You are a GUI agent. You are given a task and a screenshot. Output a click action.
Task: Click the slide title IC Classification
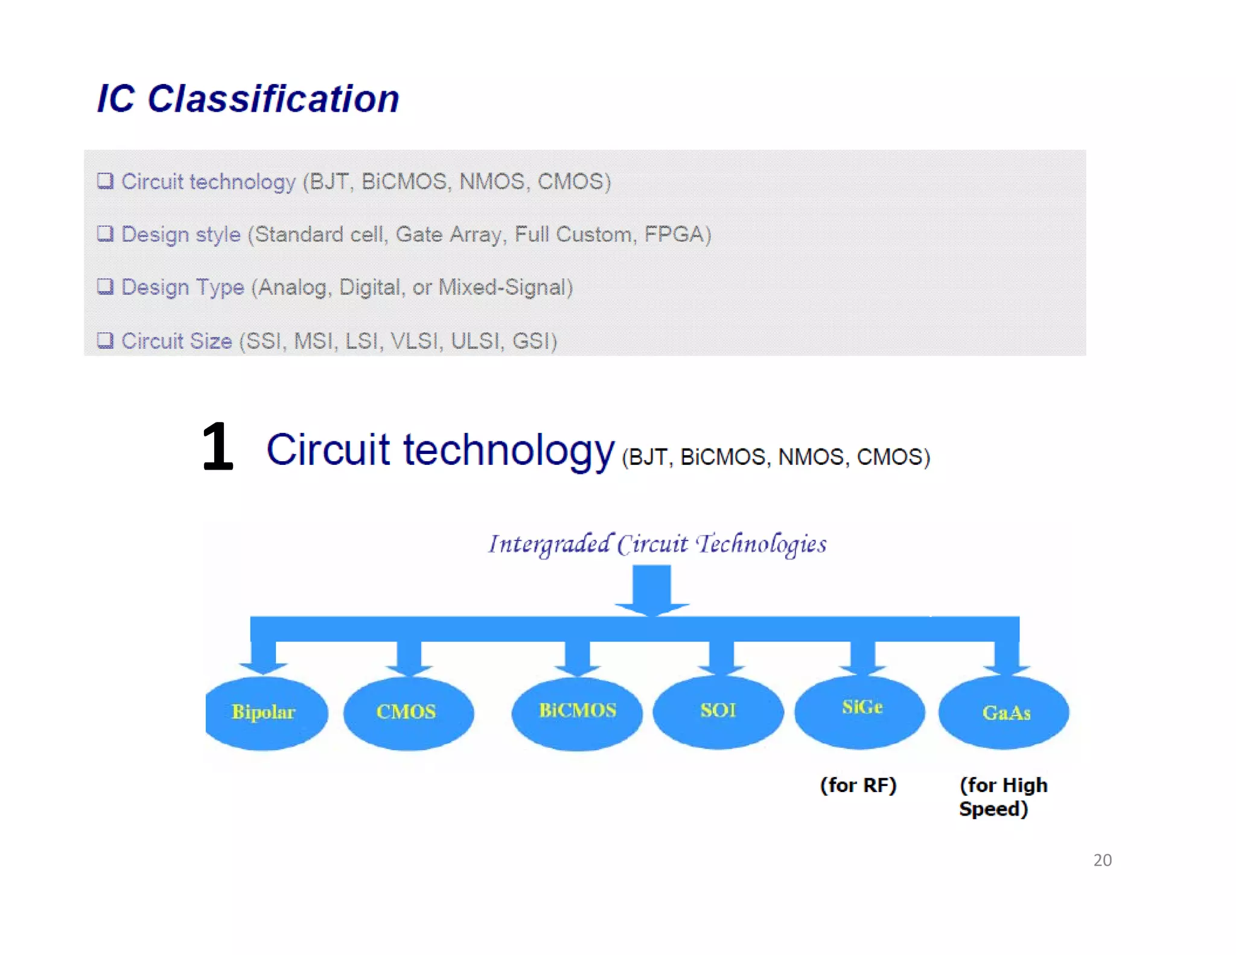[248, 99]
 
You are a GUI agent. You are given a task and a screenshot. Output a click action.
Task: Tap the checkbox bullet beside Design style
[105, 234]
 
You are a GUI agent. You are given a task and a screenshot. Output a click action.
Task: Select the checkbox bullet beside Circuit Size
[105, 340]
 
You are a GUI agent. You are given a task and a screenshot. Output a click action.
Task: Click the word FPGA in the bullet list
[674, 234]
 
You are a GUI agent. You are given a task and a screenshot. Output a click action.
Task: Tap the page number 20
[1102, 860]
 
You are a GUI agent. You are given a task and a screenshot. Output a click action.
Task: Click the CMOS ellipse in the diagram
[408, 712]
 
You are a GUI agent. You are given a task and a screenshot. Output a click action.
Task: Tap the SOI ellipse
[718, 711]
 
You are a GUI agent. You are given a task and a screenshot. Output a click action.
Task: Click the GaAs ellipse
[1004, 712]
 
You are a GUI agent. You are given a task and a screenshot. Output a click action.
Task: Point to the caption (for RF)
[858, 785]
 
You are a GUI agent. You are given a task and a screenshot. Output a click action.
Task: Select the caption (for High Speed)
[1002, 797]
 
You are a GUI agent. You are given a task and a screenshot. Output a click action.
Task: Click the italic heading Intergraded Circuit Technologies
[657, 544]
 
